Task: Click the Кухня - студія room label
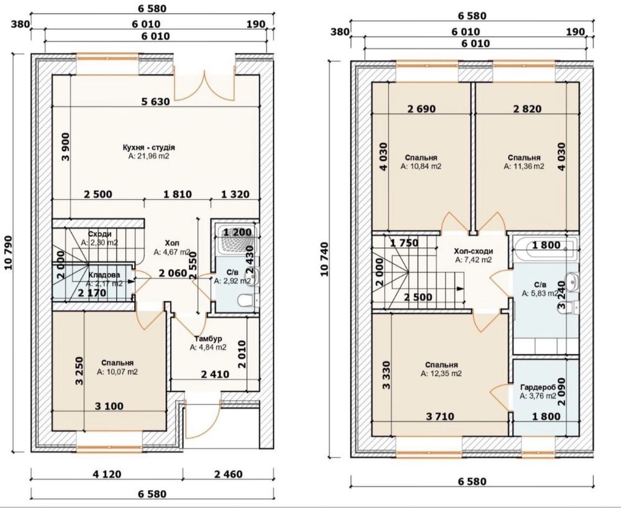click(x=149, y=147)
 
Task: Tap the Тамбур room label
click(x=208, y=339)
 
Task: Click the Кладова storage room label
click(x=104, y=275)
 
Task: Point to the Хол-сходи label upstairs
click(x=473, y=251)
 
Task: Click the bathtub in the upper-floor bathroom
click(x=545, y=246)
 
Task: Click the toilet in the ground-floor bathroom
click(x=248, y=301)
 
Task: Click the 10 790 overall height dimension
click(x=8, y=253)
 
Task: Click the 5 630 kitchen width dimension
click(x=156, y=102)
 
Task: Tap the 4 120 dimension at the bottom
click(x=107, y=474)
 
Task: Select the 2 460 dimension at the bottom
click(x=228, y=474)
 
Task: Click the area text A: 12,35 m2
click(x=441, y=374)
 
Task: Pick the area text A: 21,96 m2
click(x=149, y=156)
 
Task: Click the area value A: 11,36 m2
click(x=524, y=167)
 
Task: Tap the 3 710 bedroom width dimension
click(x=440, y=417)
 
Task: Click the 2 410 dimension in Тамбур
click(x=215, y=374)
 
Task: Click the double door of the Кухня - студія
click(x=205, y=86)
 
